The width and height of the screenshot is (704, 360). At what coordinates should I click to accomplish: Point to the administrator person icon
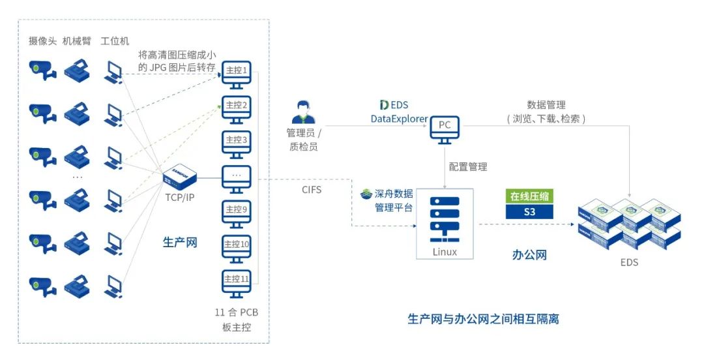tap(304, 112)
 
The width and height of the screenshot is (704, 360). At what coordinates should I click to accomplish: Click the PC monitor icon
tap(444, 128)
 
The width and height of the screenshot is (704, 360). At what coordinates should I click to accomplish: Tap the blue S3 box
tap(530, 212)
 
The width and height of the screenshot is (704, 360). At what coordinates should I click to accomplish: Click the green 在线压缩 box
tap(530, 196)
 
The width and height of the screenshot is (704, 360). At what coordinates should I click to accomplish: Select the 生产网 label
tap(179, 243)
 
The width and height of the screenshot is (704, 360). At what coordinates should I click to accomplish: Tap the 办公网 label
tap(529, 254)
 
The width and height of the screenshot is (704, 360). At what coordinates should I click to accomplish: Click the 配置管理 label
tap(468, 167)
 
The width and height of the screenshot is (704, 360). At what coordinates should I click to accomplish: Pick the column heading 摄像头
tap(42, 41)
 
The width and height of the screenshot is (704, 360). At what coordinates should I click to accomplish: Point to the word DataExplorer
tap(399, 119)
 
